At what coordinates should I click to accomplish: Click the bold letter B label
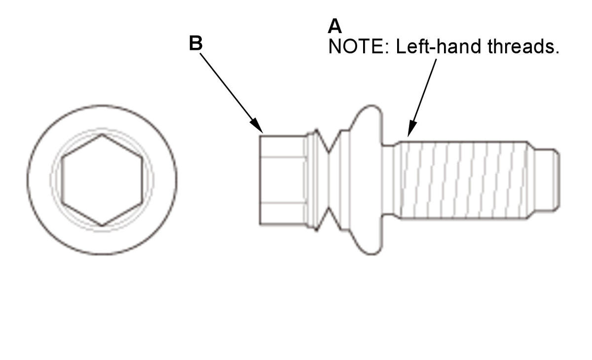(196, 43)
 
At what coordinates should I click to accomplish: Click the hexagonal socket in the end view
(102, 180)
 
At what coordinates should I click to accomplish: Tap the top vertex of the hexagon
(102, 135)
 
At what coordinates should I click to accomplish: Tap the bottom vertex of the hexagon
(102, 225)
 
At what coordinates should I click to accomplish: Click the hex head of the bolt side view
(283, 180)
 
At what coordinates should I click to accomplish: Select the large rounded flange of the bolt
(365, 180)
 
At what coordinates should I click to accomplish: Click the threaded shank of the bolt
(463, 180)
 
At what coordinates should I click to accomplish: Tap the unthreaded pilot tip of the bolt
(546, 180)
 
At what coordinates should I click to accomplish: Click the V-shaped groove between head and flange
(329, 180)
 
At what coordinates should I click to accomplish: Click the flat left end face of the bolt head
(260, 180)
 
